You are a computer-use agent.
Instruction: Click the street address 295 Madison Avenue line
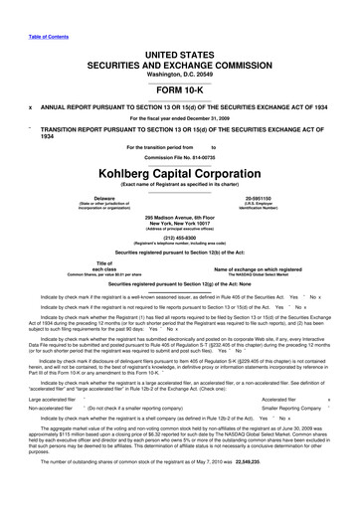tap(180, 216)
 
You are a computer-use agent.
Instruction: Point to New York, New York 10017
tap(180, 223)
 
